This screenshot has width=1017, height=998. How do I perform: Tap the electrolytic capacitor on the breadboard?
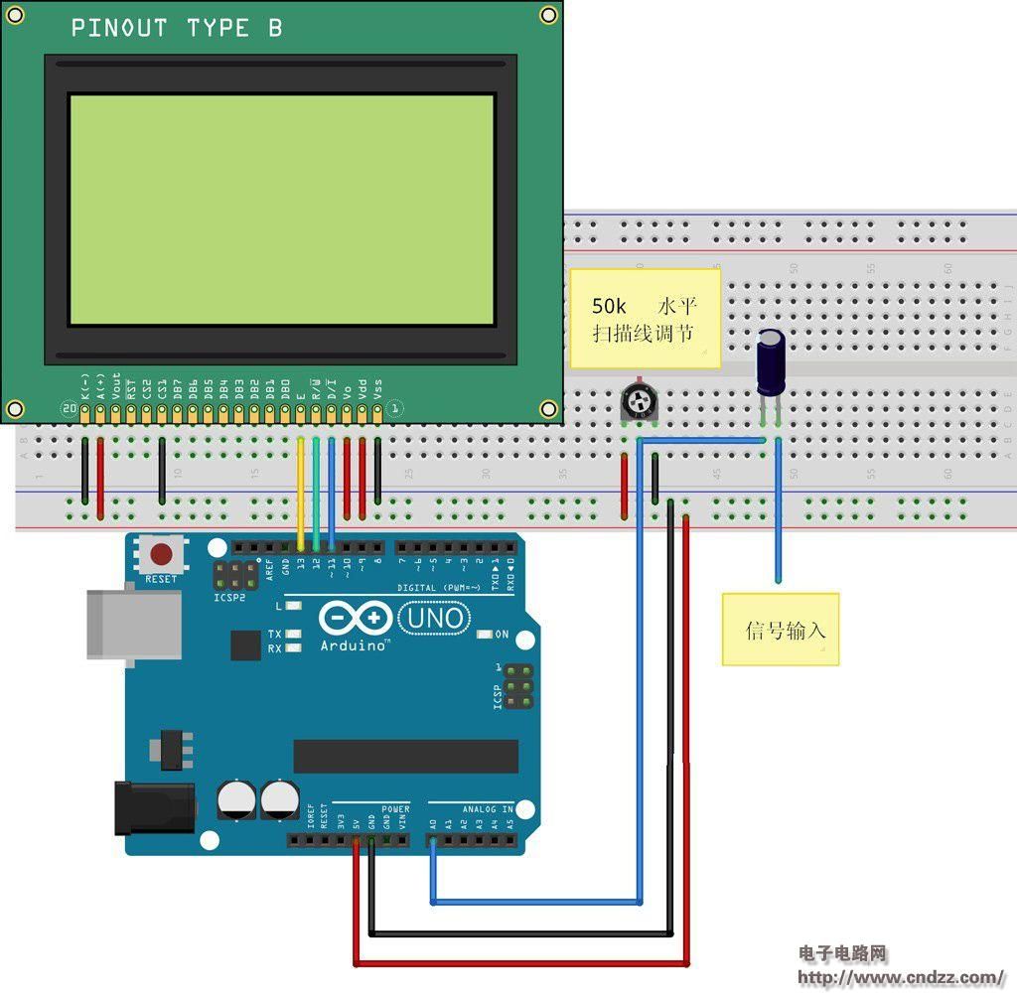772,363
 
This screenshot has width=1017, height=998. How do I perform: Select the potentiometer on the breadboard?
637,402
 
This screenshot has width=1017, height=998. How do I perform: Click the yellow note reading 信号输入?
781,630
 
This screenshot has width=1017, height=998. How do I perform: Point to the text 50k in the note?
609,306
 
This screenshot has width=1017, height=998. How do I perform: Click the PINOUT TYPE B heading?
177,29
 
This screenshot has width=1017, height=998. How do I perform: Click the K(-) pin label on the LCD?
85,386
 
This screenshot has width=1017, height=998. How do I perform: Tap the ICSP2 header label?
229,599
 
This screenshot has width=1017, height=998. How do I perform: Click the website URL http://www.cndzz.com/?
901,977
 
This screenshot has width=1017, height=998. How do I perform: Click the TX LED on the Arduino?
293,634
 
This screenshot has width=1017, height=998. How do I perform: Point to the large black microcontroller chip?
405,756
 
